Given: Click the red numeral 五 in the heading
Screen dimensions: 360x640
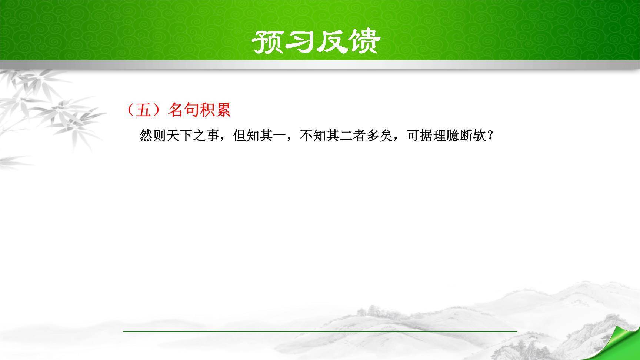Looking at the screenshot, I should [144, 110].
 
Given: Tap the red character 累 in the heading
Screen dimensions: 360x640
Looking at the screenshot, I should [223, 110].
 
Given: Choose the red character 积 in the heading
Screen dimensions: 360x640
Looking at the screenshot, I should [207, 110].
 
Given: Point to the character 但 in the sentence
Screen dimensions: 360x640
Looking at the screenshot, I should [240, 136].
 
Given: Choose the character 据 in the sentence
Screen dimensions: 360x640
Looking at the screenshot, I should [426, 136].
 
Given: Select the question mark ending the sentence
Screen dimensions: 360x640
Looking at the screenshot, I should [491, 136].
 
